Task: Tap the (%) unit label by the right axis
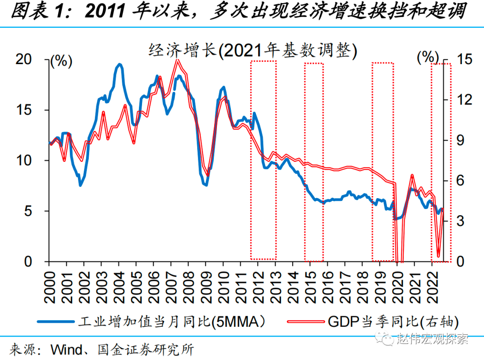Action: point(428,57)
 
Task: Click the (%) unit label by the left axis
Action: point(61,61)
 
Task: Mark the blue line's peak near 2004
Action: point(119,65)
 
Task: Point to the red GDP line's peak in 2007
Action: point(177,60)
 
